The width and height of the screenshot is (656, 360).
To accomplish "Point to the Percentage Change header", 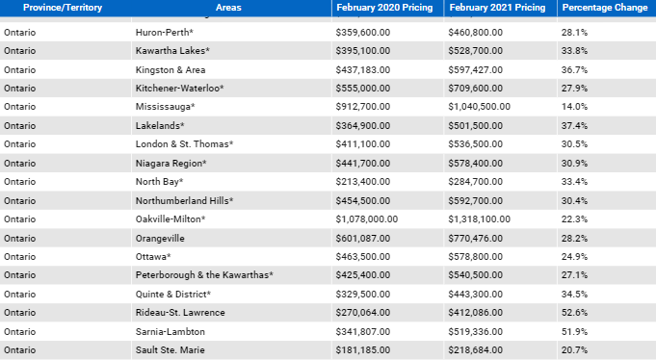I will [x=604, y=8].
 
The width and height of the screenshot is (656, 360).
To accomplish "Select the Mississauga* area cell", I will [x=166, y=107].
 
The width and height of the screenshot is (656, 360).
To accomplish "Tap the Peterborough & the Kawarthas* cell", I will [x=205, y=275].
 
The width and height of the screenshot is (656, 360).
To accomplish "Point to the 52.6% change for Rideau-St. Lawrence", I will [x=575, y=313].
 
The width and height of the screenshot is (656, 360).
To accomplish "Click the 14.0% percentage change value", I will [x=575, y=107].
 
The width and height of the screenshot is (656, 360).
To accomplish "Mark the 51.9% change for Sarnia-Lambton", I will [x=575, y=331].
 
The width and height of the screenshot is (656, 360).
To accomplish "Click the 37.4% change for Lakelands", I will [x=575, y=126].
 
